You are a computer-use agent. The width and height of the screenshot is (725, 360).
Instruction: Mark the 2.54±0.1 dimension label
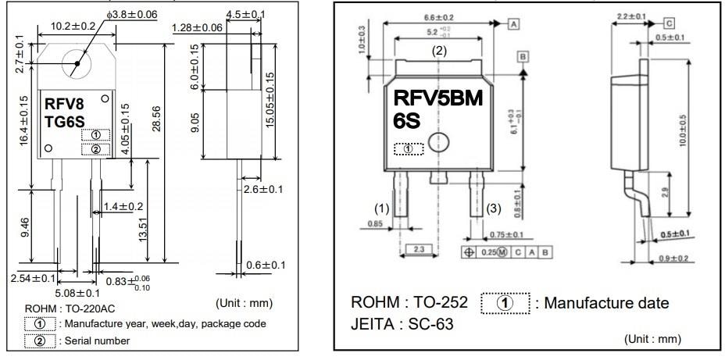point(33,277)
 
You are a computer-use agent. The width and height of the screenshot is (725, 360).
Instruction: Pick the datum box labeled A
point(514,24)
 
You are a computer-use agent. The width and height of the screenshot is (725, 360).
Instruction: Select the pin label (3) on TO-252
point(493,209)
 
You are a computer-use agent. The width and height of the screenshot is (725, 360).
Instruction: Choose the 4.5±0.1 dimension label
point(245,14)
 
